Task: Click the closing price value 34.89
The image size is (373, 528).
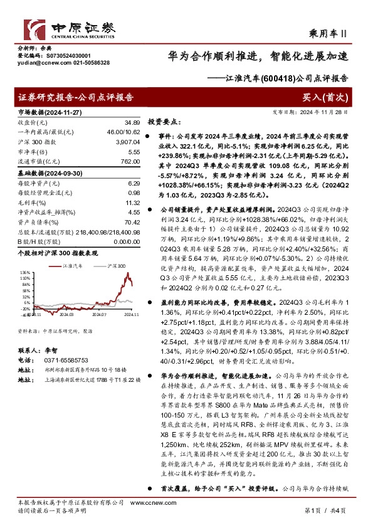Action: pyautogui.click(x=131, y=122)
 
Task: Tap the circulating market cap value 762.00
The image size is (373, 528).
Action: pyautogui.click(x=129, y=162)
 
